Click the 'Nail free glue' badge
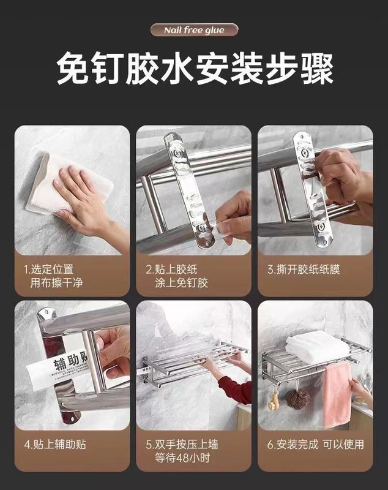(x=194, y=30)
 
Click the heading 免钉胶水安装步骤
(x=195, y=69)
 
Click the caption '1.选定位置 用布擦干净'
(x=53, y=276)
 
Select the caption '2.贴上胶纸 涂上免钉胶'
(x=176, y=276)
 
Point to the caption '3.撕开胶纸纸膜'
(x=304, y=269)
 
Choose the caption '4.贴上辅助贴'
(x=55, y=444)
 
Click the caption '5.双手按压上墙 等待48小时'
(x=182, y=451)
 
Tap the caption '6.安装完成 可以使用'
(x=316, y=444)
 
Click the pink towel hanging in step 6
(x=338, y=394)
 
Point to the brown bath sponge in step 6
(x=299, y=399)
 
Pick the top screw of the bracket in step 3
(x=304, y=153)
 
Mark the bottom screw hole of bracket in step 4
(x=73, y=418)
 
